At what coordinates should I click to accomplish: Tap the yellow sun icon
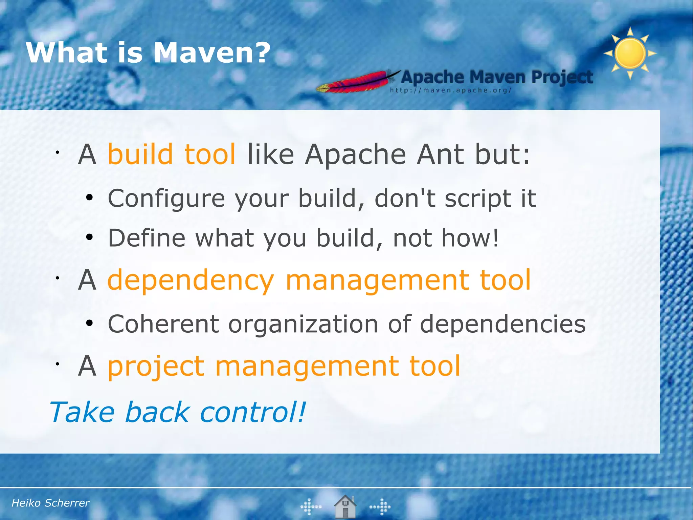tap(630, 54)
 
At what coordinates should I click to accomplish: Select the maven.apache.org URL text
tap(450, 90)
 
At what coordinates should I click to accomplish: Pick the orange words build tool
tap(171, 154)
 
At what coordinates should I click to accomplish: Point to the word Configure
tap(166, 199)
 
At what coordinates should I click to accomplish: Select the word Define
tap(147, 238)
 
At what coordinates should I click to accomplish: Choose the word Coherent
tap(163, 324)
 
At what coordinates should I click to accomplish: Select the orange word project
tap(156, 367)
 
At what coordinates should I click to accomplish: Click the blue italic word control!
tap(252, 412)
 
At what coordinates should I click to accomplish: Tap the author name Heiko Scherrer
tap(50, 503)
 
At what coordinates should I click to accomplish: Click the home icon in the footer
tap(345, 506)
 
